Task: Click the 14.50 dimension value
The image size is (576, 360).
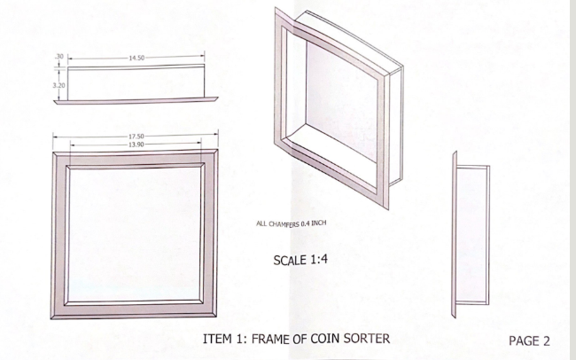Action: click(x=136, y=58)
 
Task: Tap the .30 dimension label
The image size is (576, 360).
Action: click(x=58, y=57)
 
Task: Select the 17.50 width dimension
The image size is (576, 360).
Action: click(x=136, y=137)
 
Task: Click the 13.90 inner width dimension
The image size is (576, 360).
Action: click(x=136, y=144)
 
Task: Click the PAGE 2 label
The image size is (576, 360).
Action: click(x=530, y=340)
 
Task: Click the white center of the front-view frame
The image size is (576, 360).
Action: click(x=136, y=232)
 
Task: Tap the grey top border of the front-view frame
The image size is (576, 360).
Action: click(x=136, y=160)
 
